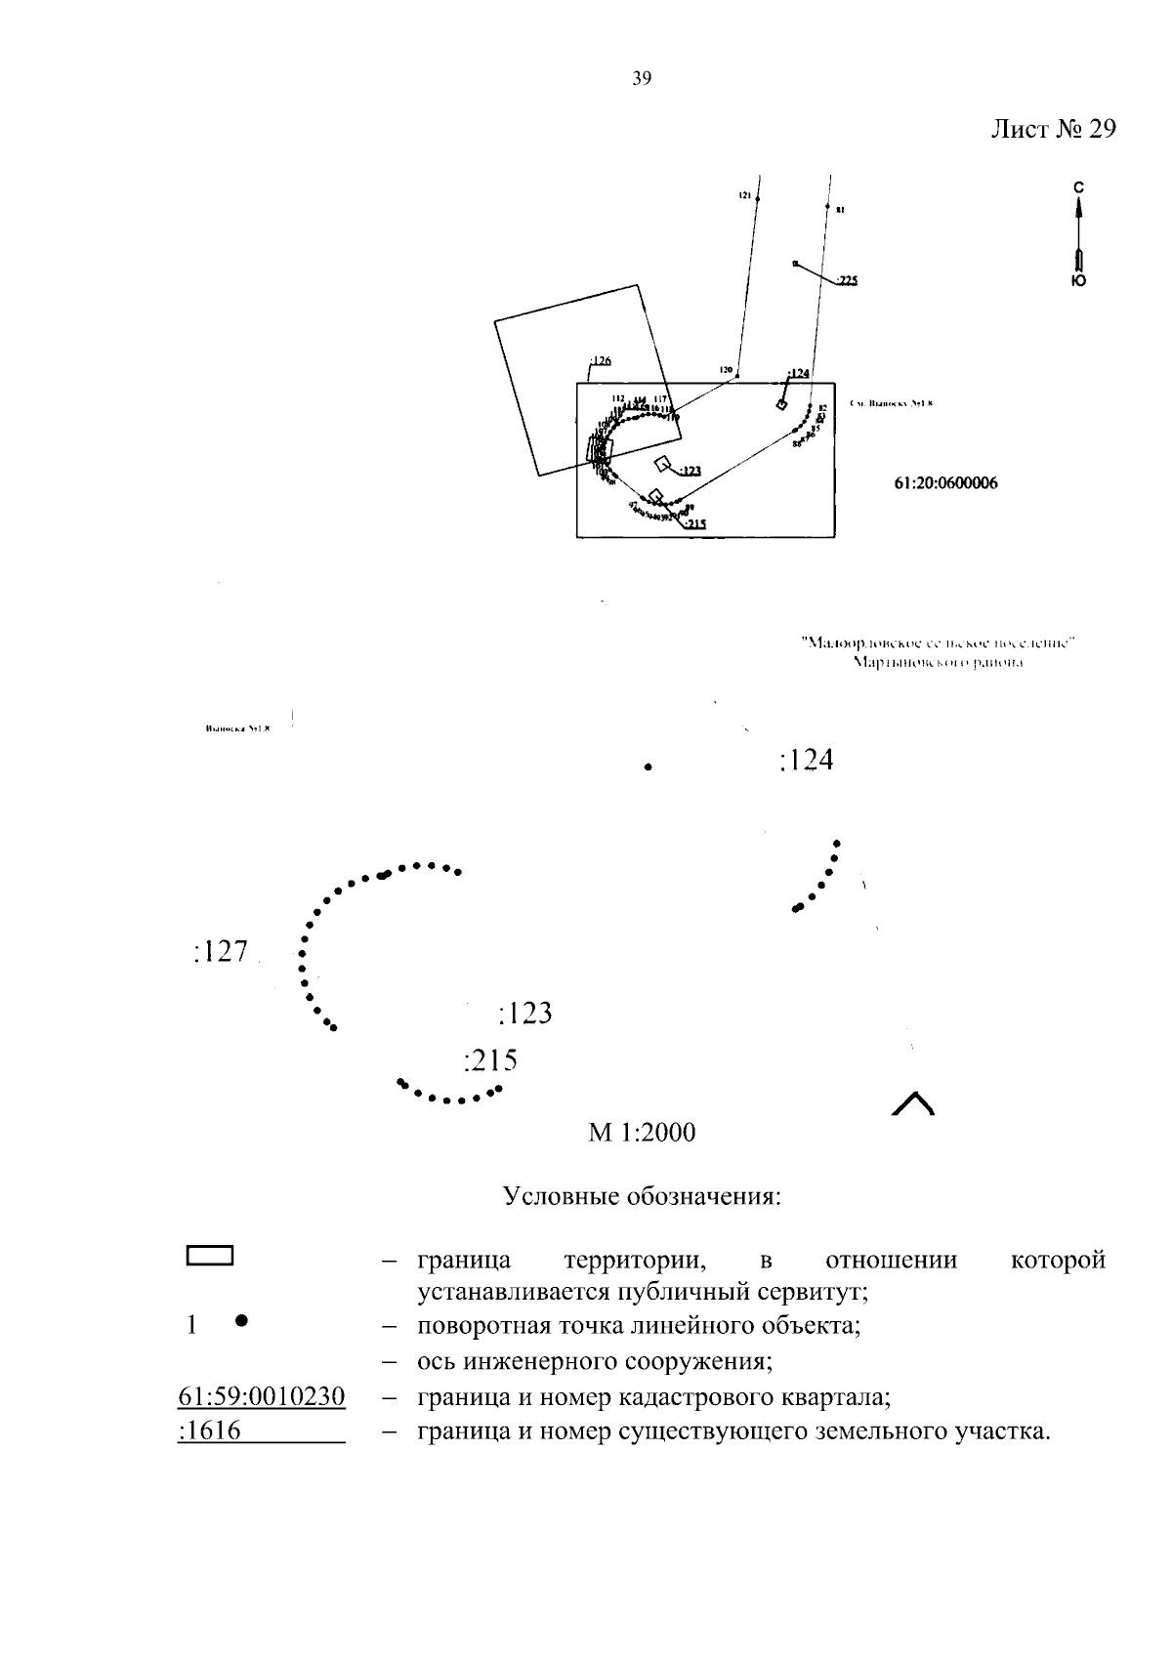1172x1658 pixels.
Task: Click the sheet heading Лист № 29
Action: click(x=1053, y=130)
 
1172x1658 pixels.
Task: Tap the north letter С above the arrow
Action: click(x=1078, y=187)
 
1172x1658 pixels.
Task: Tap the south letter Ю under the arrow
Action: click(x=1078, y=280)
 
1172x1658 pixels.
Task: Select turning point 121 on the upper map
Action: click(x=758, y=198)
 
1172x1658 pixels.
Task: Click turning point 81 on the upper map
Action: click(x=827, y=208)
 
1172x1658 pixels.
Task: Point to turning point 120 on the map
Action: click(x=737, y=376)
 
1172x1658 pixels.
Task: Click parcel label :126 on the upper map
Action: click(x=599, y=361)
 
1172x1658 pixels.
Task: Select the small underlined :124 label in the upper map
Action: click(x=798, y=373)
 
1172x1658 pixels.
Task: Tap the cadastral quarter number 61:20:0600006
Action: click(x=945, y=483)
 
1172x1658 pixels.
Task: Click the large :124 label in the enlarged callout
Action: click(x=807, y=761)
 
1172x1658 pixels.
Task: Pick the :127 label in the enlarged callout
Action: click(x=221, y=952)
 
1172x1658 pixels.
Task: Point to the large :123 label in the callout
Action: click(x=525, y=1014)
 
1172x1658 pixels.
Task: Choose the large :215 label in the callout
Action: click(x=490, y=1060)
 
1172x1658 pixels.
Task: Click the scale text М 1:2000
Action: click(x=641, y=1133)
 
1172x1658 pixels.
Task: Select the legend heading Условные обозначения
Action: click(x=642, y=1196)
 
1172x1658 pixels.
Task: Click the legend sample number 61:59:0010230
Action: click(x=262, y=1397)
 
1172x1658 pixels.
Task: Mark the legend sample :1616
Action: click(x=210, y=1432)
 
